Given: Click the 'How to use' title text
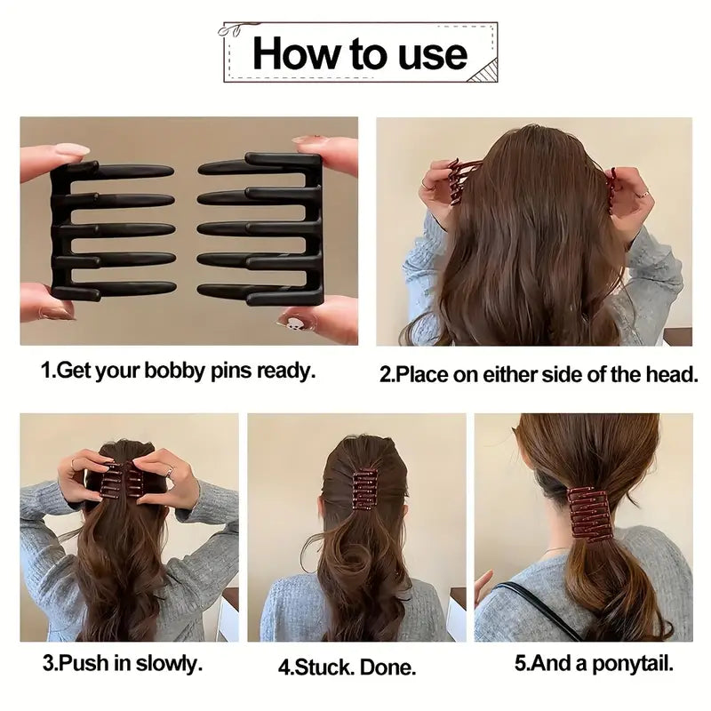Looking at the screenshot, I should click(x=359, y=53).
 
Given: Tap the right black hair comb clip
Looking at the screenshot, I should click(x=262, y=228).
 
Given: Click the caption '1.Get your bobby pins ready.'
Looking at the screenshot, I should click(x=179, y=371).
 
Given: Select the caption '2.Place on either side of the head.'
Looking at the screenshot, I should click(x=539, y=374).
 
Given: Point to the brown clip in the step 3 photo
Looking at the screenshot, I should click(x=122, y=480).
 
